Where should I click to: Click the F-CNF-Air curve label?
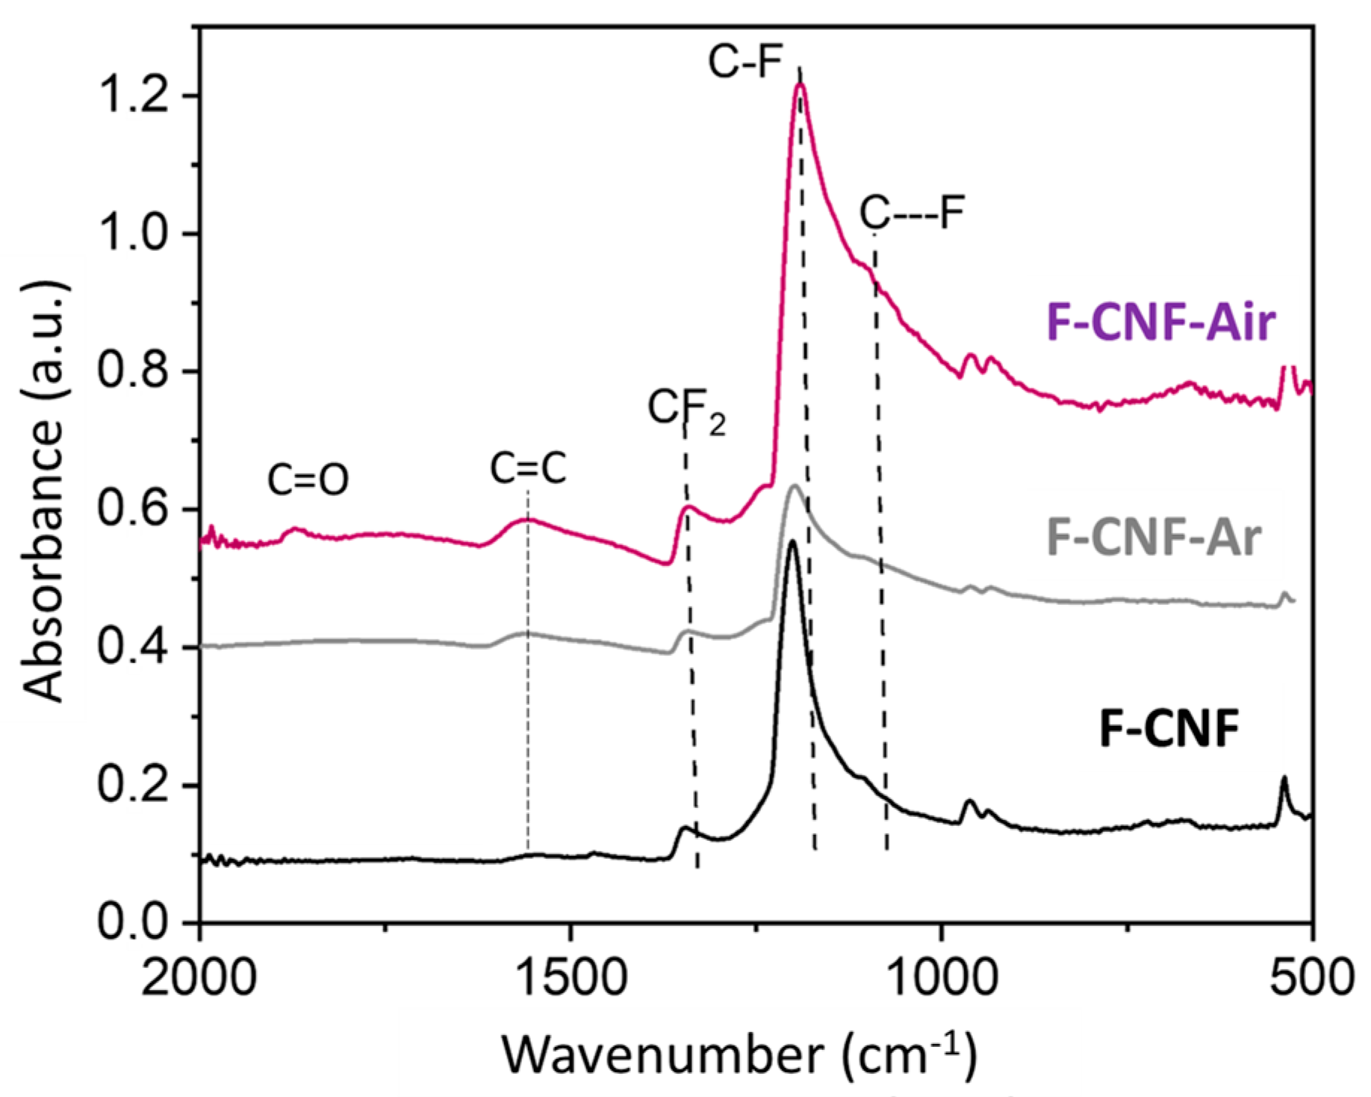click(1161, 323)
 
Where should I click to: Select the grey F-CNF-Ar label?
click(1154, 537)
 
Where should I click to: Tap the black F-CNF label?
click(1169, 729)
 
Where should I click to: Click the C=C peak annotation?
click(528, 469)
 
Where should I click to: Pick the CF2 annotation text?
click(685, 410)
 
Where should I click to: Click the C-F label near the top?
click(744, 62)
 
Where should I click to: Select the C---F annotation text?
click(912, 213)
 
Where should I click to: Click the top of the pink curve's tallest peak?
click(800, 84)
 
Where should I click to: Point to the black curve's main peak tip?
click(792, 541)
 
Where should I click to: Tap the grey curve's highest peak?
click(795, 485)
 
